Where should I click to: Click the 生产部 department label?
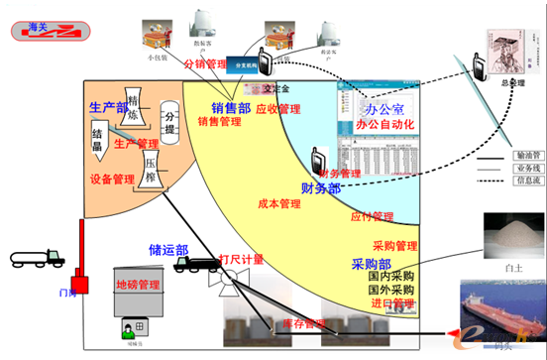pyautogui.click(x=108, y=107)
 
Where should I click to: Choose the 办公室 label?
pyautogui.click(x=385, y=108)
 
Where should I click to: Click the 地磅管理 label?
pyautogui.click(x=138, y=285)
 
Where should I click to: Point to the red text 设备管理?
pyautogui.click(x=111, y=180)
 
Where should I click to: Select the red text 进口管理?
pyautogui.click(x=391, y=302)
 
